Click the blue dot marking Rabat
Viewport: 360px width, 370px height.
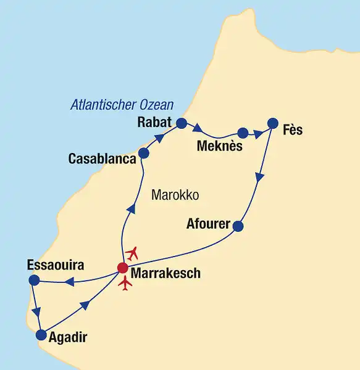[181, 123]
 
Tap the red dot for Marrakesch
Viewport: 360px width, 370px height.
[122, 268]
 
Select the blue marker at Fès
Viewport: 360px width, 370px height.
[272, 123]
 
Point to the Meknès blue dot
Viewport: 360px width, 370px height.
[243, 133]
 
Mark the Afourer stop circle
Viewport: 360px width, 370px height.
[238, 226]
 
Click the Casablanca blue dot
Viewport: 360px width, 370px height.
[144, 153]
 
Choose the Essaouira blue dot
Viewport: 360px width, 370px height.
[34, 281]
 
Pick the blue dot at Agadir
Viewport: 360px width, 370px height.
[41, 335]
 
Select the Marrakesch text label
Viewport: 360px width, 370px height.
[165, 273]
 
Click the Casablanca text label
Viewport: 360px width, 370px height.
[102, 159]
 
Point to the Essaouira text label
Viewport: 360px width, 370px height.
[56, 265]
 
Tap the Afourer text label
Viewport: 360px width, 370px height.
[208, 223]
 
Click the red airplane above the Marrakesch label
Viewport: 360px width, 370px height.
[132, 253]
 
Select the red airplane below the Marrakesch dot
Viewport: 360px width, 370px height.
[125, 284]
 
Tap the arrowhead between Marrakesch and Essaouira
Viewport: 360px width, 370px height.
[70, 282]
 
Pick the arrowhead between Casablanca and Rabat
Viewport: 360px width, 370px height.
[159, 139]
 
